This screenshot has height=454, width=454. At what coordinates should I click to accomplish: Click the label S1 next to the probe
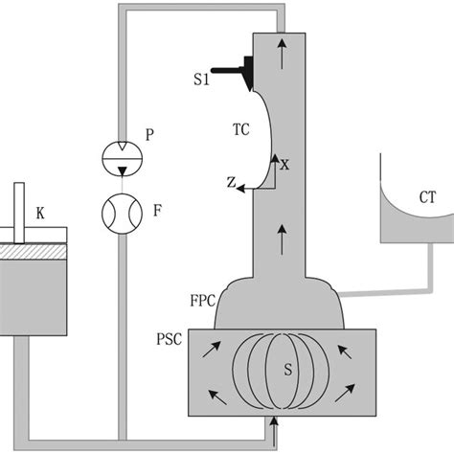pos(199,80)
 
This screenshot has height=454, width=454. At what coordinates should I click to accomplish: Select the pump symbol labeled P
pos(119,156)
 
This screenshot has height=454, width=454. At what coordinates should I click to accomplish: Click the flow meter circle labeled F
pos(119,209)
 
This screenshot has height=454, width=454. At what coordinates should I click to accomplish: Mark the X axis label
pos(284,164)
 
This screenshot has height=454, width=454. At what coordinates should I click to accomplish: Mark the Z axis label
pos(231,182)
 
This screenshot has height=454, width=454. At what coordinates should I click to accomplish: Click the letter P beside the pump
pos(149,137)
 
